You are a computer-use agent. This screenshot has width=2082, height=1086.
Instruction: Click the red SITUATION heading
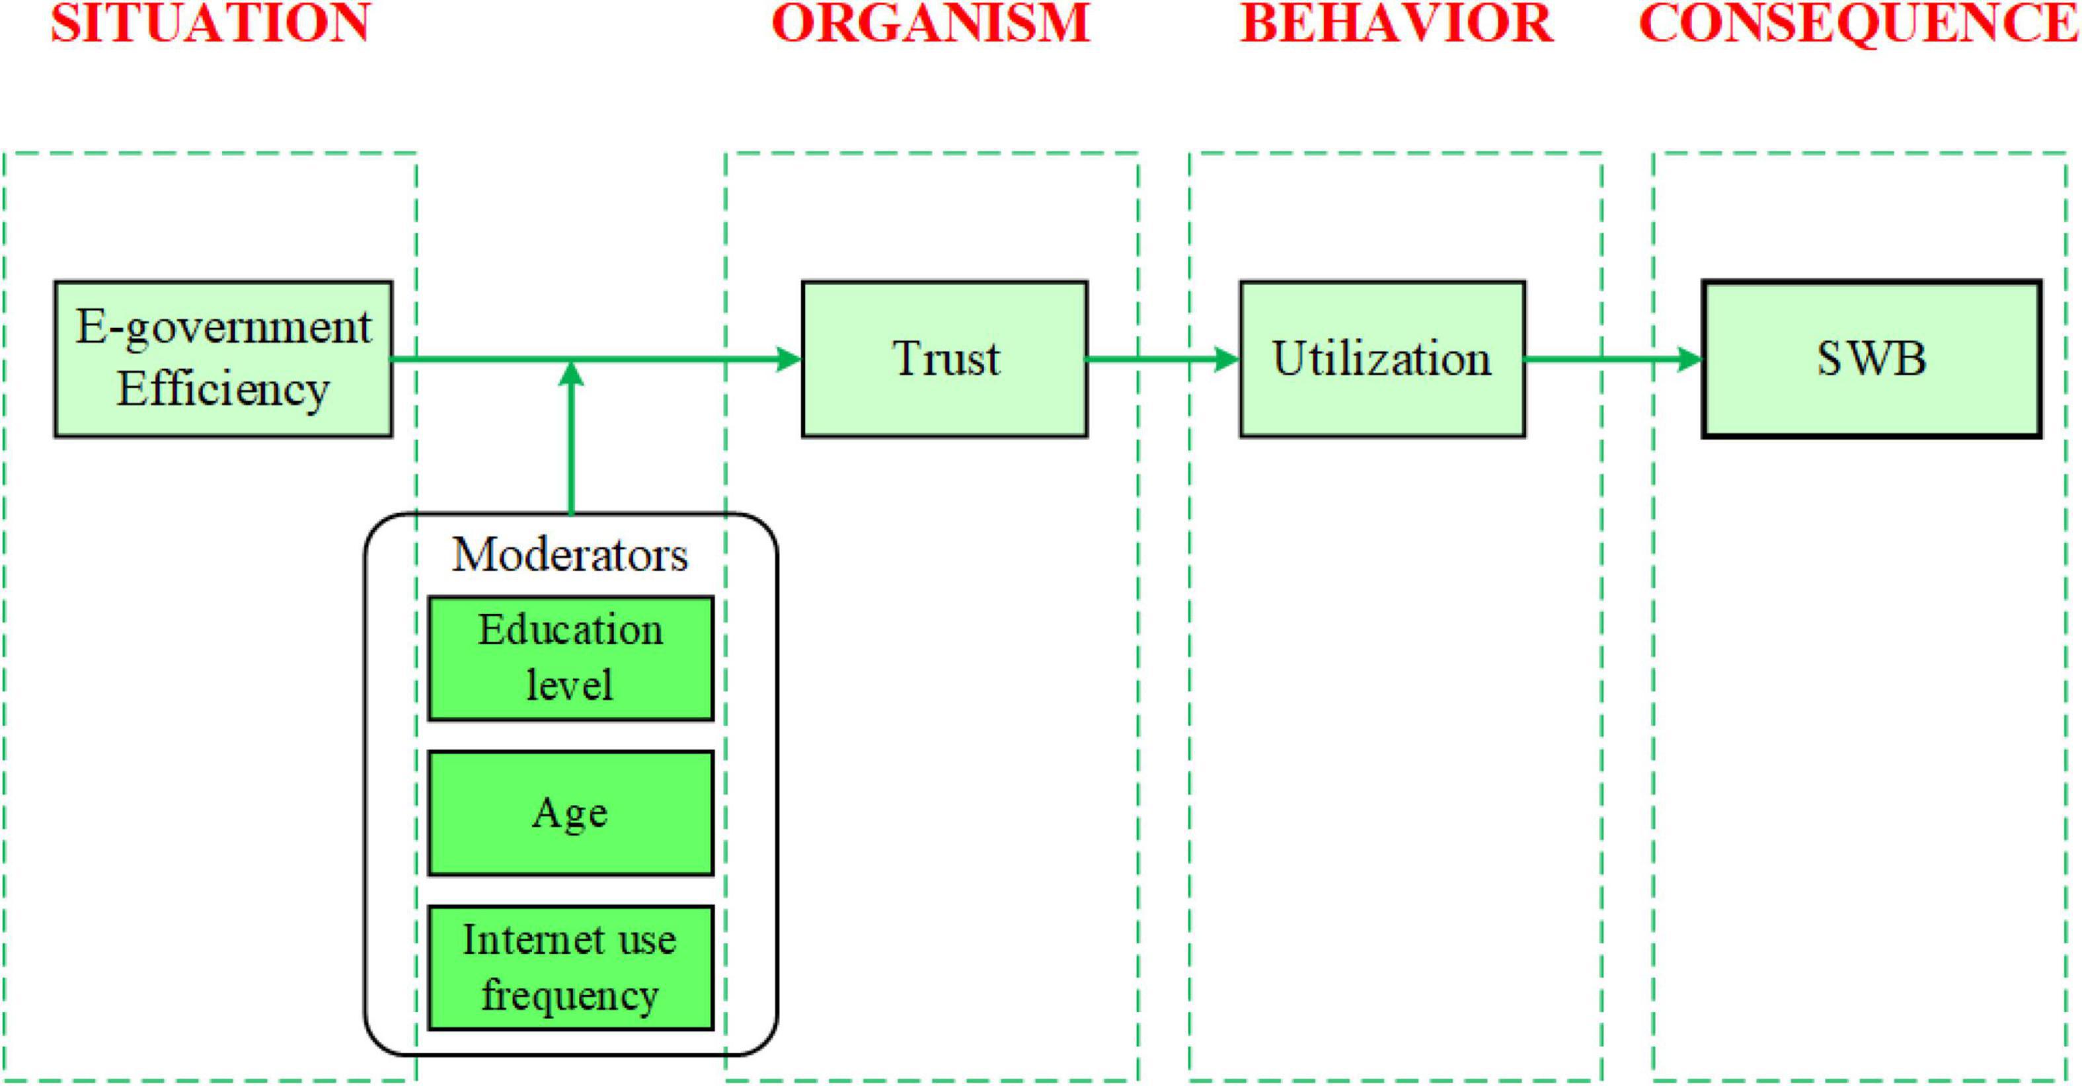pyautogui.click(x=210, y=22)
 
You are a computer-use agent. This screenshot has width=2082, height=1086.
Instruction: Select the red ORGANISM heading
pyautogui.click(x=931, y=22)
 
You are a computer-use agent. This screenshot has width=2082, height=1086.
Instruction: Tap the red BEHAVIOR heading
pyautogui.click(x=1397, y=22)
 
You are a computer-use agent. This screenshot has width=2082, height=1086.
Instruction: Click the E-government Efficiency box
pyautogui.click(x=223, y=359)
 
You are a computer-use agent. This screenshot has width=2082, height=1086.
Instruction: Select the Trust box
pyautogui.click(x=945, y=359)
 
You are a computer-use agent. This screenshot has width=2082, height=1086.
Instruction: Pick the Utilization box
pyautogui.click(x=1383, y=359)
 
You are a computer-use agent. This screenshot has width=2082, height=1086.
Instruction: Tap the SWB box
pyautogui.click(x=1872, y=359)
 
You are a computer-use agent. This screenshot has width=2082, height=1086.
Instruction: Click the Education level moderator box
pyautogui.click(x=570, y=658)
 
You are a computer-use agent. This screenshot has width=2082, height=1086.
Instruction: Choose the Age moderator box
pyautogui.click(x=570, y=813)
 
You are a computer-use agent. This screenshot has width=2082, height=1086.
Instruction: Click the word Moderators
pyautogui.click(x=570, y=555)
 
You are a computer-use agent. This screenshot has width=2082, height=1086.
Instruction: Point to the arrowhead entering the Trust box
pyautogui.click(x=788, y=359)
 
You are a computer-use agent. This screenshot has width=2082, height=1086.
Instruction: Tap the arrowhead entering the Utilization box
pyautogui.click(x=1226, y=359)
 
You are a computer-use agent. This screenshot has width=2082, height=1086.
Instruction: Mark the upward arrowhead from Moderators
pyautogui.click(x=572, y=373)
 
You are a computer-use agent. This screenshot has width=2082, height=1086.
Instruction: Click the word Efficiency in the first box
pyautogui.click(x=223, y=390)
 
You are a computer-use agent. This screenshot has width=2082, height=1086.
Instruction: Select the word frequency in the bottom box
pyautogui.click(x=570, y=995)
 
